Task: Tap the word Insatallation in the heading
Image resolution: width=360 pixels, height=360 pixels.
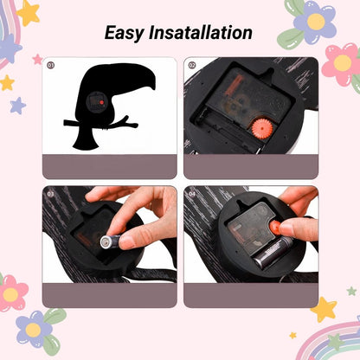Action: click(x=201, y=32)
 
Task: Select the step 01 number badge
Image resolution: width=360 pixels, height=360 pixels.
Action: click(x=51, y=66)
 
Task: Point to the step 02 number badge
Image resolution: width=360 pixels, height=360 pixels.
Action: click(x=192, y=65)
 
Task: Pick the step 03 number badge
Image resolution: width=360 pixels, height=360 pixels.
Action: click(x=51, y=194)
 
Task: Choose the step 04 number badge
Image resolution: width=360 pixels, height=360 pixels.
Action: click(x=192, y=194)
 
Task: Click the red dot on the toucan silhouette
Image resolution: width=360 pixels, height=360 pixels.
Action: click(x=101, y=102)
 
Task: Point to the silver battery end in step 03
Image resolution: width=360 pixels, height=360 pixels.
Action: click(x=106, y=241)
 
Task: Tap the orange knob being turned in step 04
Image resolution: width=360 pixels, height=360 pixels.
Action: click(x=275, y=228)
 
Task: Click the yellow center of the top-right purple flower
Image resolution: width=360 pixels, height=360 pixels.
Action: click(x=316, y=22)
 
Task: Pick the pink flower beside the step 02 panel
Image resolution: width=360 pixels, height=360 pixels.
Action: click(x=343, y=64)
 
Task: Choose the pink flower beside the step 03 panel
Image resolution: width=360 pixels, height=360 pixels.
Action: click(x=11, y=292)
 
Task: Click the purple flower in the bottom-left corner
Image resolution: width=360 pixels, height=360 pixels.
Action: click(x=33, y=329)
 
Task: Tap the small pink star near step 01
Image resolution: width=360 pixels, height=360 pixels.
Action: click(x=38, y=60)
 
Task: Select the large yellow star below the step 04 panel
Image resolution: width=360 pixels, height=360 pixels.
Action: click(x=324, y=310)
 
